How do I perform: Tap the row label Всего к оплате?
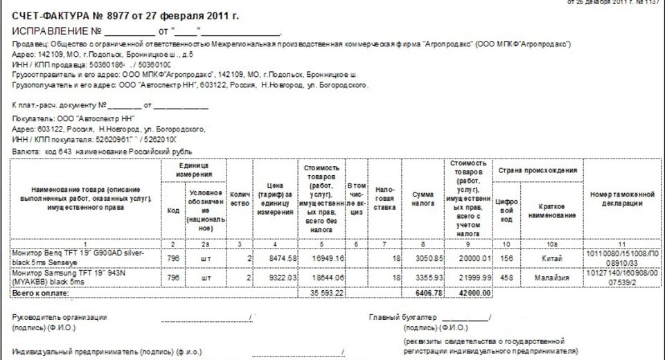point(41,293)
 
